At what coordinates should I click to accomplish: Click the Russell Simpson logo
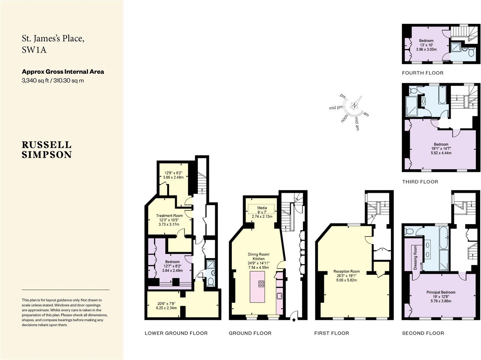[46, 150]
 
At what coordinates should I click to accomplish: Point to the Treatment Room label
[169, 216]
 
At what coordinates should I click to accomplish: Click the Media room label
[262, 208]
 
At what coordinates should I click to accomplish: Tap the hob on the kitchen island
[261, 284]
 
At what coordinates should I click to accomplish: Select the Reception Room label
[346, 272]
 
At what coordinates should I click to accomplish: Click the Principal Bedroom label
[441, 292]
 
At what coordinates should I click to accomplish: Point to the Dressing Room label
[415, 258]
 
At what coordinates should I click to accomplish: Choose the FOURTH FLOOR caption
[422, 73]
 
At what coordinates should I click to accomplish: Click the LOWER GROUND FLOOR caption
[176, 333]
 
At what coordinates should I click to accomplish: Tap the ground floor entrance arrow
[294, 317]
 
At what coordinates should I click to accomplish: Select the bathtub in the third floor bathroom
[442, 95]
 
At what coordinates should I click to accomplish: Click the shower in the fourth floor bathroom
[456, 48]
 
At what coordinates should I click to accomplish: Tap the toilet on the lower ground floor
[210, 282]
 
